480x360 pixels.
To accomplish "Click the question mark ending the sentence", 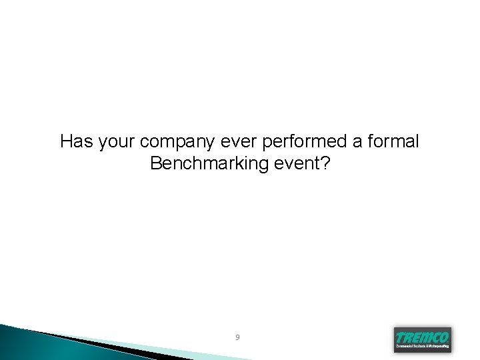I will (x=325, y=163).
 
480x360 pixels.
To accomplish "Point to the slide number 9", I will (x=237, y=338).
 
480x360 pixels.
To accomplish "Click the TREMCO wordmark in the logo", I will (x=422, y=337).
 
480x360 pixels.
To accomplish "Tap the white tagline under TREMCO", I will (x=422, y=347).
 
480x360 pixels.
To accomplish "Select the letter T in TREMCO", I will (x=399, y=337).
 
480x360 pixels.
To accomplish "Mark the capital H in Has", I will (x=66, y=141).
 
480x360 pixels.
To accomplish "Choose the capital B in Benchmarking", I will (x=157, y=163).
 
